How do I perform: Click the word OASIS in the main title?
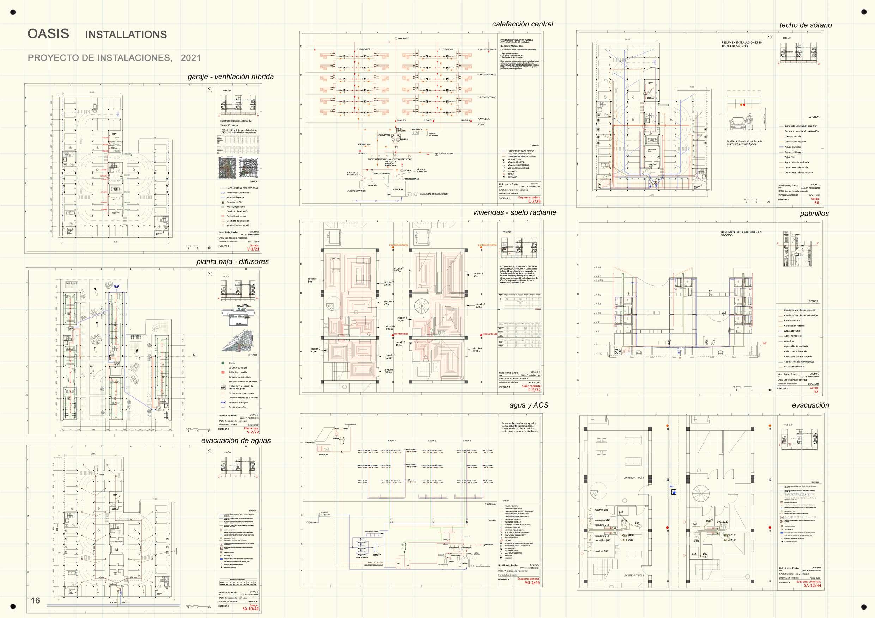(48, 34)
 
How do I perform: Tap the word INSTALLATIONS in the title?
(126, 35)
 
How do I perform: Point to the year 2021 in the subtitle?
(190, 58)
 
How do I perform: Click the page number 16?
(35, 600)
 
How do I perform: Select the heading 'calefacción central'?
(522, 24)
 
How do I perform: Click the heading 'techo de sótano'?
(805, 25)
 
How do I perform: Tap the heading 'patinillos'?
(814, 214)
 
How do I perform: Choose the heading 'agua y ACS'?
(529, 405)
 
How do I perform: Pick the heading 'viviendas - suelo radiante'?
(515, 212)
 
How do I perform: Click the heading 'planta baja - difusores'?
(232, 261)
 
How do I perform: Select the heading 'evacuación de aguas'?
(236, 440)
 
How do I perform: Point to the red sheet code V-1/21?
(253, 249)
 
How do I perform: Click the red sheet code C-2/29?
(534, 202)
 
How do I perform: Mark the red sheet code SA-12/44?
(812, 585)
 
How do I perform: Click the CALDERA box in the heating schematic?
(398, 189)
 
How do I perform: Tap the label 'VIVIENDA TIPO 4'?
(633, 477)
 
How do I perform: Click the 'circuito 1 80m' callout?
(312, 280)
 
